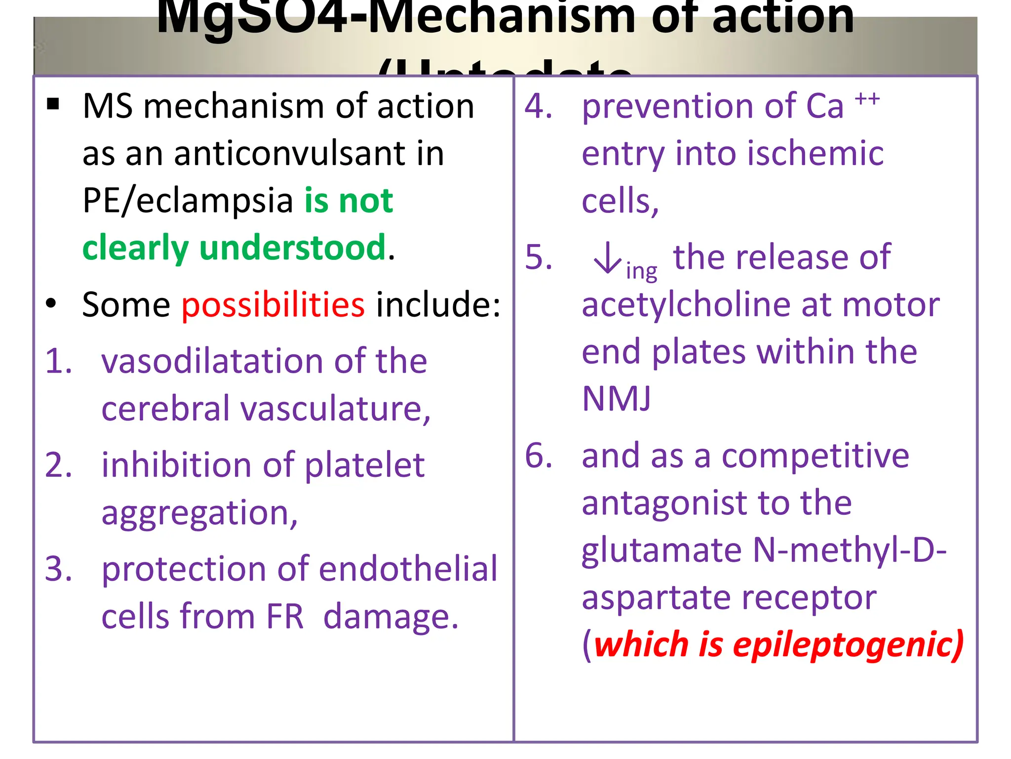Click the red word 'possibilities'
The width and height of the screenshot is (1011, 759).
point(273,304)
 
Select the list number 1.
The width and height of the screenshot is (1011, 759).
point(58,361)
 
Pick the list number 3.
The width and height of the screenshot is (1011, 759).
point(58,569)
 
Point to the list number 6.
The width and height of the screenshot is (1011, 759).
point(538,455)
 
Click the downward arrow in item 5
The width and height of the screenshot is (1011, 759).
point(607,258)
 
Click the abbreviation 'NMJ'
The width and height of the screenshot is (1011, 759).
point(616,398)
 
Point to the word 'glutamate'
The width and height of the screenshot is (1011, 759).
point(661,550)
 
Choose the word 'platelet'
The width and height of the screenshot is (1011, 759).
point(364,465)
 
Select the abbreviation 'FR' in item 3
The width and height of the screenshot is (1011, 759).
point(285,616)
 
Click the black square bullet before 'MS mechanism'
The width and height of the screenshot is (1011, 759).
point(53,104)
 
